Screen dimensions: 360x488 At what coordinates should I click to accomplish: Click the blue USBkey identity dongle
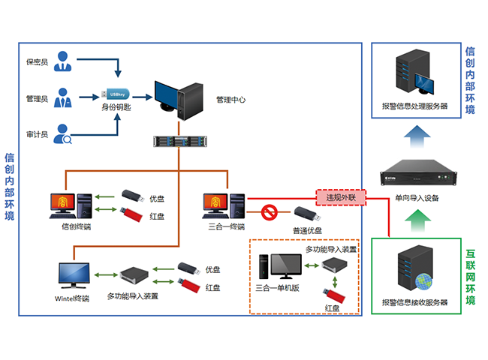117,94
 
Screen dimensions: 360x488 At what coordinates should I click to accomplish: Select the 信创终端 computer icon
72,204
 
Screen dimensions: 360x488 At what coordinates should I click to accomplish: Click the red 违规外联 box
340,196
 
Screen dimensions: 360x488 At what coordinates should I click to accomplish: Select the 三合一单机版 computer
279,266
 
